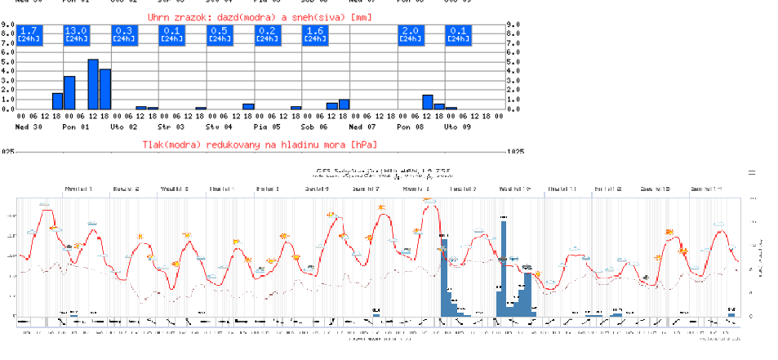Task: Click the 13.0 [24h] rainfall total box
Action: tap(76, 34)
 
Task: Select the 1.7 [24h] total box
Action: tap(29, 34)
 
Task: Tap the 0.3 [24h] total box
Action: tap(124, 34)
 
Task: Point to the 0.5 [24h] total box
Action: tap(220, 34)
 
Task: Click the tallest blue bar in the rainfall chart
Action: tap(93, 84)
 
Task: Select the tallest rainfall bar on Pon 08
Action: tap(427, 102)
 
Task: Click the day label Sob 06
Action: tap(314, 127)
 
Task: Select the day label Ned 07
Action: tap(362, 127)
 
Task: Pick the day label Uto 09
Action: tap(457, 127)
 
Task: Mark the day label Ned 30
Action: tap(28, 127)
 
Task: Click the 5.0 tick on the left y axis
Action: tap(7, 62)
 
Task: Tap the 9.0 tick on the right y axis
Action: tap(513, 24)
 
